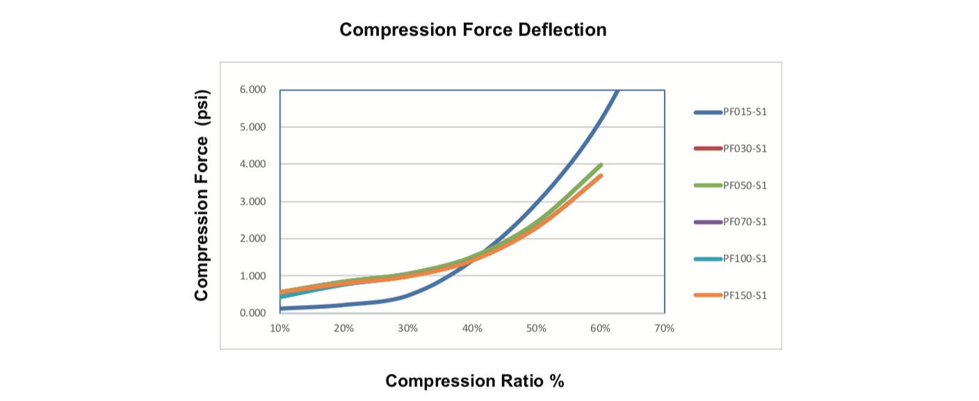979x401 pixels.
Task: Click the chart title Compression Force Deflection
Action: click(x=473, y=30)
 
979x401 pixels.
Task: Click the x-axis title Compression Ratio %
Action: click(x=474, y=381)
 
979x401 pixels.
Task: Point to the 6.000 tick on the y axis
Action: click(x=253, y=90)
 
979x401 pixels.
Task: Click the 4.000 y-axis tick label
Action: click(x=253, y=164)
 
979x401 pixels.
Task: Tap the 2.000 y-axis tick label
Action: click(x=253, y=239)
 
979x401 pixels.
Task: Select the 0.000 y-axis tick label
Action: click(x=253, y=313)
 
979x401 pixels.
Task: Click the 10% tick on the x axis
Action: click(x=280, y=328)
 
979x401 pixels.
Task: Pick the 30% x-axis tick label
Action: click(x=408, y=328)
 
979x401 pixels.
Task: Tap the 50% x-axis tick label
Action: click(x=536, y=328)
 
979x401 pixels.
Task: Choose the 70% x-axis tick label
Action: click(x=665, y=328)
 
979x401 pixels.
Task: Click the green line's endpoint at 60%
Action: click(x=601, y=165)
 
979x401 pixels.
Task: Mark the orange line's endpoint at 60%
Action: click(x=601, y=175)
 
